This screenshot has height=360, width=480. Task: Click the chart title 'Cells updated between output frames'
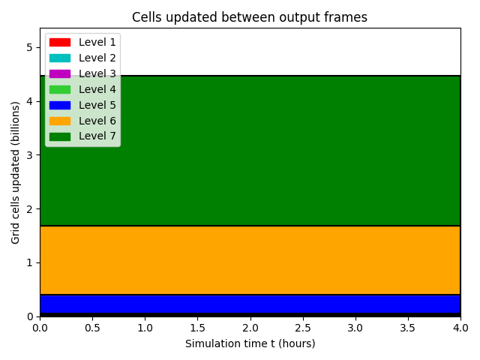coord(250,17)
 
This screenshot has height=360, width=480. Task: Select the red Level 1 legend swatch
coord(60,42)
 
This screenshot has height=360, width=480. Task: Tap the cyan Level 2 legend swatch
coord(60,58)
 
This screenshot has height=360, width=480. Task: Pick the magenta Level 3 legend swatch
coord(60,73)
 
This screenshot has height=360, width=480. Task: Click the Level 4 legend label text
coord(97,89)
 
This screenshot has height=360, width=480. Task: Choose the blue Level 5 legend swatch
coord(60,105)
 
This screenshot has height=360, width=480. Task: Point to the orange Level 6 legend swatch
coord(60,121)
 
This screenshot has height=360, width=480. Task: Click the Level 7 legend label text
coord(97,136)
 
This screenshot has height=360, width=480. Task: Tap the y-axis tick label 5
coord(29,47)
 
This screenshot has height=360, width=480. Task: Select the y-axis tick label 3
coord(29,155)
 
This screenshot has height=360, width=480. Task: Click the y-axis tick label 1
coord(29,262)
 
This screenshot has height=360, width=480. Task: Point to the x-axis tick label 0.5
coord(92,328)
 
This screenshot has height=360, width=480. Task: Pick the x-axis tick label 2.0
coord(250,328)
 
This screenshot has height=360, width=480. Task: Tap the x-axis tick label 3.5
coord(408,328)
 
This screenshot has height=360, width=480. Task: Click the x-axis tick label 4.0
coord(460,328)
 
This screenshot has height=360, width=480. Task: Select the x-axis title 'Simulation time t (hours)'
coord(250,343)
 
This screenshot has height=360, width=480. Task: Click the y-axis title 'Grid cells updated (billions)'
coord(15,172)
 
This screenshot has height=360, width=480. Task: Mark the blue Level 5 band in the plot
coord(250,304)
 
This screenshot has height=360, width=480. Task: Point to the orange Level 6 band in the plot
coord(250,260)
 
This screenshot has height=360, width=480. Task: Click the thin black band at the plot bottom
coord(250,315)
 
